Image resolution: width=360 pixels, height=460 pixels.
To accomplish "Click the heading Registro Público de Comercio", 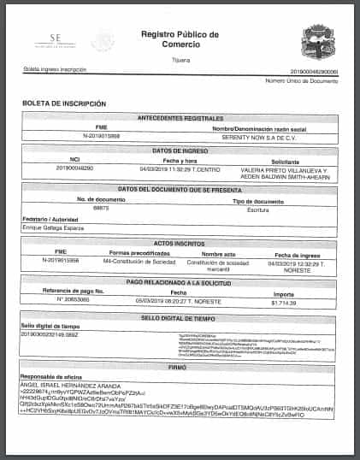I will click(x=180, y=39).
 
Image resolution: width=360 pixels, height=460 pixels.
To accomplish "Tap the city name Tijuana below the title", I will click(x=180, y=59).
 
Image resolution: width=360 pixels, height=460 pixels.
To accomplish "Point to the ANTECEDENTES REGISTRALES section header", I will click(x=180, y=117).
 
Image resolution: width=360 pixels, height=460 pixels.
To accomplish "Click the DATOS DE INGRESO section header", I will click(x=180, y=150).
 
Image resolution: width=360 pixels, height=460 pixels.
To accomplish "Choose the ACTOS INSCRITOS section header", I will click(x=180, y=243).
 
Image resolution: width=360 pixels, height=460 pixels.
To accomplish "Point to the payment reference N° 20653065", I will click(x=74, y=299).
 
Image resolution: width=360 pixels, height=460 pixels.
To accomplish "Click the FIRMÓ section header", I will click(x=180, y=366).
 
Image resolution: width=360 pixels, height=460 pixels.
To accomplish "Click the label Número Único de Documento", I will click(x=302, y=80).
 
